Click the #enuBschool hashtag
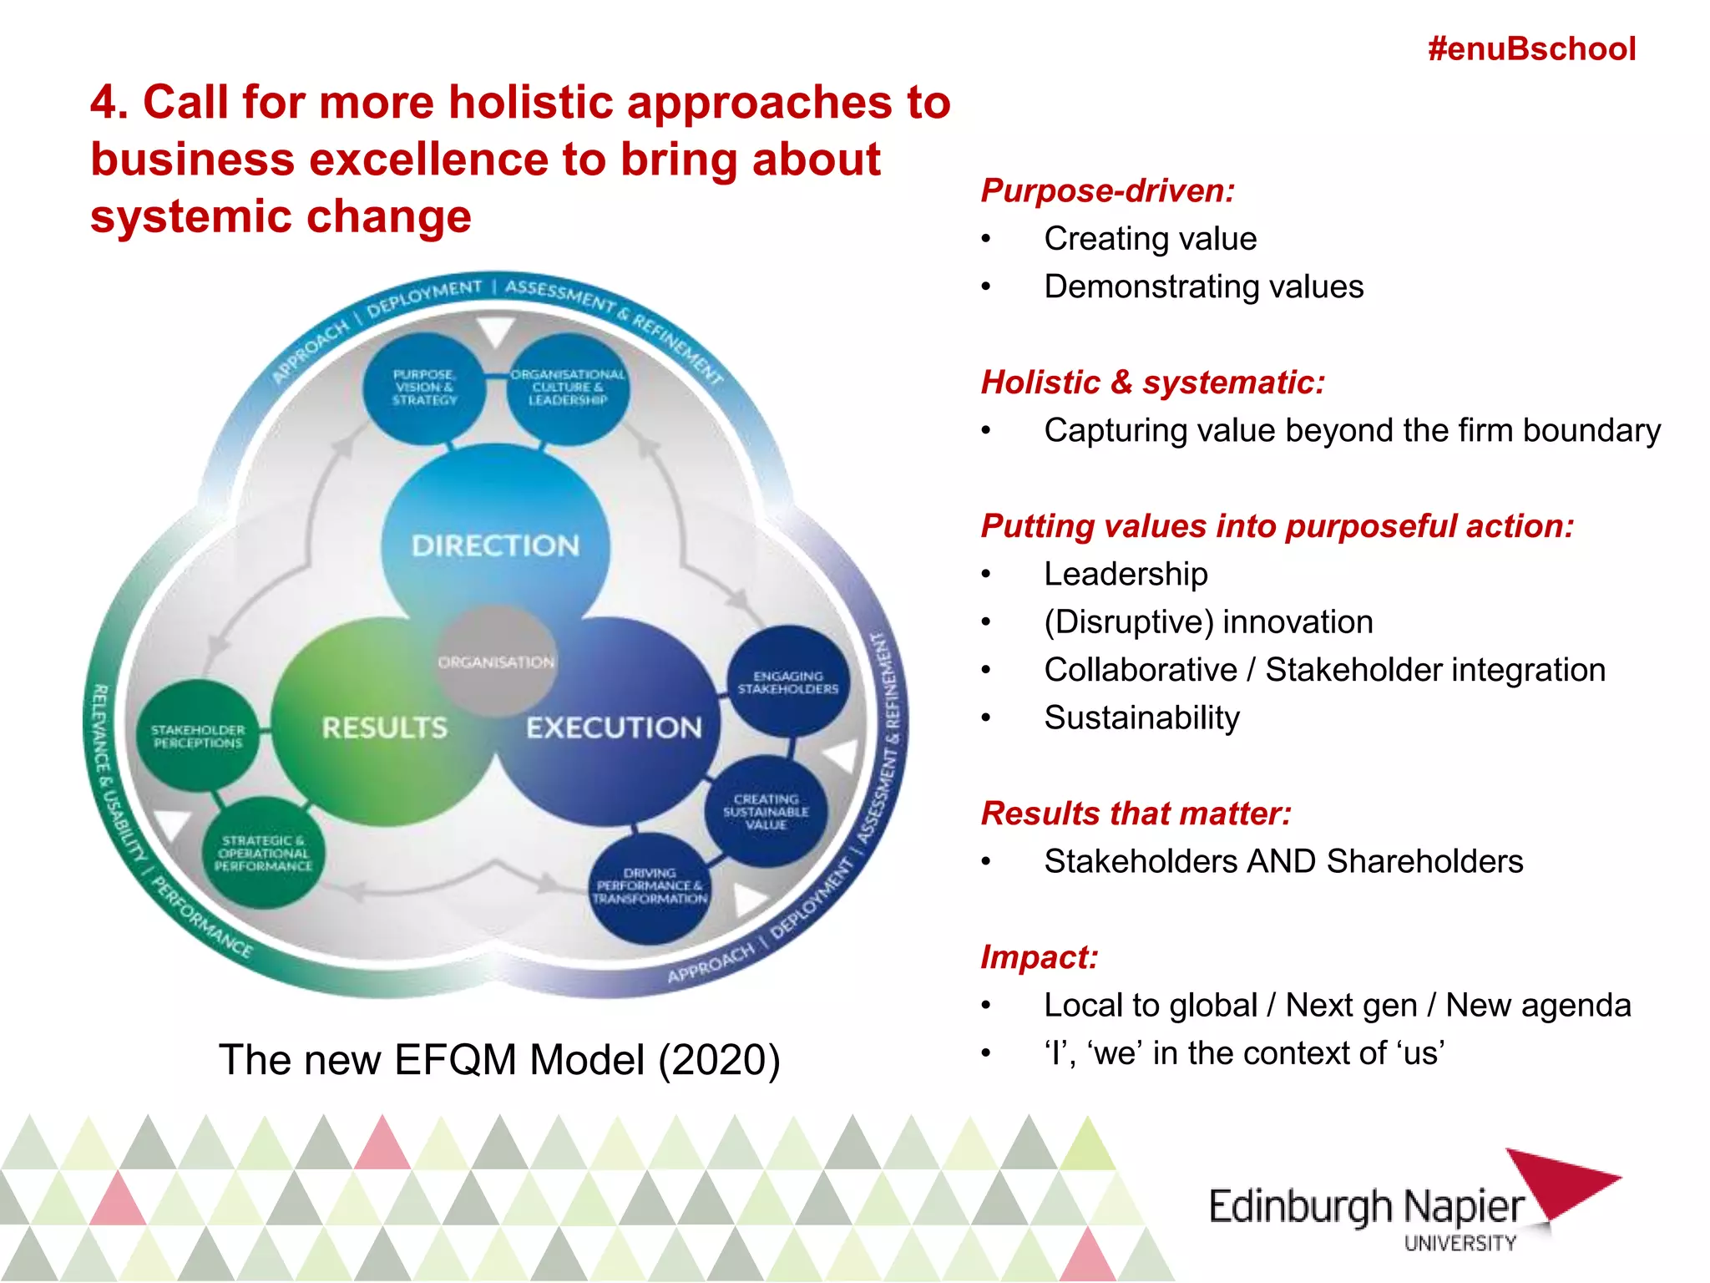[x=1531, y=49]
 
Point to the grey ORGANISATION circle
[x=496, y=661]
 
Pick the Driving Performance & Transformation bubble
[x=650, y=886]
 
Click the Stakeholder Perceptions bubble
[x=198, y=736]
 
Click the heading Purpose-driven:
[x=1108, y=190]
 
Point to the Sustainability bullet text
[x=1141, y=718]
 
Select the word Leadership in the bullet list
[x=1126, y=574]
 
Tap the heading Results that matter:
[x=1136, y=813]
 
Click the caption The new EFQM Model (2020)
[x=499, y=1059]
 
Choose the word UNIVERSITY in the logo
[x=1460, y=1244]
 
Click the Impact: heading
[x=1040, y=957]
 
